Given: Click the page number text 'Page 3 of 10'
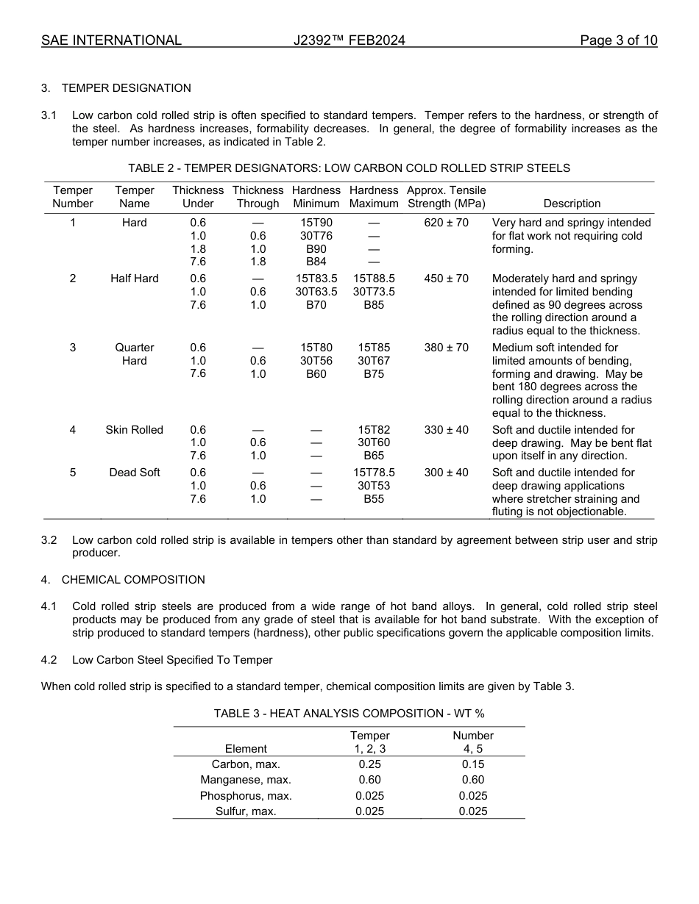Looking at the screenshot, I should [x=618, y=40].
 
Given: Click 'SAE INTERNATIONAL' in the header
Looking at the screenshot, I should [x=111, y=40].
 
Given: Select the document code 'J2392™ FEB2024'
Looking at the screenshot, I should [x=349, y=40].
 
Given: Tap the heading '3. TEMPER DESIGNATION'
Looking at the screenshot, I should [x=116, y=88].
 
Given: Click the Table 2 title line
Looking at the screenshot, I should [x=349, y=168].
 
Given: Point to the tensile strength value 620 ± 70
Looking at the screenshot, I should [x=446, y=223].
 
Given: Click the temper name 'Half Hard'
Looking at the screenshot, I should [x=134, y=279].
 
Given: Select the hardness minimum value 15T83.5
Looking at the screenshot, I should [x=316, y=279].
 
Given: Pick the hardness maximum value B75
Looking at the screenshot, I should [x=374, y=373].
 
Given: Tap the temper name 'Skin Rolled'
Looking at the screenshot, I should [x=134, y=430].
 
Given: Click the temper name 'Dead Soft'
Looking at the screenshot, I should [x=134, y=473].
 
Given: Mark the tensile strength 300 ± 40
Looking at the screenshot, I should [x=446, y=473].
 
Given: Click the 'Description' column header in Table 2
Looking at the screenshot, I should [x=572, y=204].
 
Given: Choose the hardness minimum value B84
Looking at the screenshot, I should [x=316, y=262].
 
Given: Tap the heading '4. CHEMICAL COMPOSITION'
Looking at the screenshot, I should [x=123, y=580].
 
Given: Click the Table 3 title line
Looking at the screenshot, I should [x=349, y=714].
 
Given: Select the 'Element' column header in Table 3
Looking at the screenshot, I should [x=246, y=749].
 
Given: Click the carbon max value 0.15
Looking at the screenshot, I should [x=473, y=764].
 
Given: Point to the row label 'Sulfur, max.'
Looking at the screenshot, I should [x=246, y=811].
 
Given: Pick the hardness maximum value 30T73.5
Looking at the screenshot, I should [x=374, y=292].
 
